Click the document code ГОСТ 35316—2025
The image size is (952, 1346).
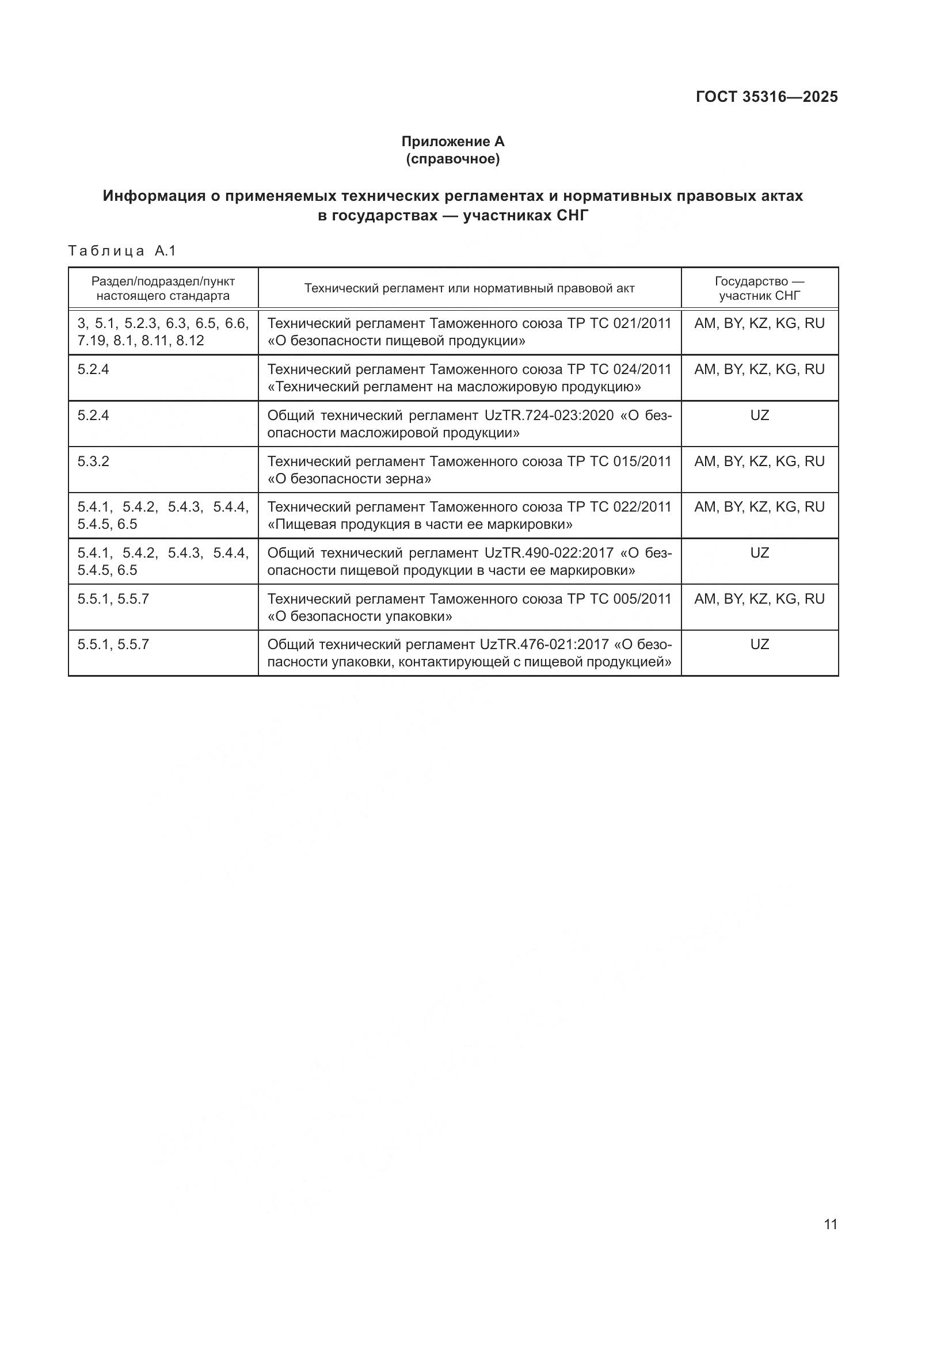click(766, 97)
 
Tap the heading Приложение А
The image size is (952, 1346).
click(452, 142)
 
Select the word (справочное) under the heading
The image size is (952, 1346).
click(452, 159)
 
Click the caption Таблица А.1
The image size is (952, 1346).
click(122, 251)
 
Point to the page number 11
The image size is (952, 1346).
click(830, 1224)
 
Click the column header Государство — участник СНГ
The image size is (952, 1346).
click(759, 288)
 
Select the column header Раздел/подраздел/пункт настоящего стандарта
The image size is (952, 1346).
click(163, 288)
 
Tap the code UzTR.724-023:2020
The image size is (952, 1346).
click(549, 415)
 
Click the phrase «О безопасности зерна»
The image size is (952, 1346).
click(349, 479)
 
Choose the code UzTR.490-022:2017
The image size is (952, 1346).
click(549, 553)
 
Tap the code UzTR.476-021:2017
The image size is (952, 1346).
click(544, 645)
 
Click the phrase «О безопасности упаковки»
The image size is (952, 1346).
click(360, 617)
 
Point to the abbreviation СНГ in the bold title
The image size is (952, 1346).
click(572, 216)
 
